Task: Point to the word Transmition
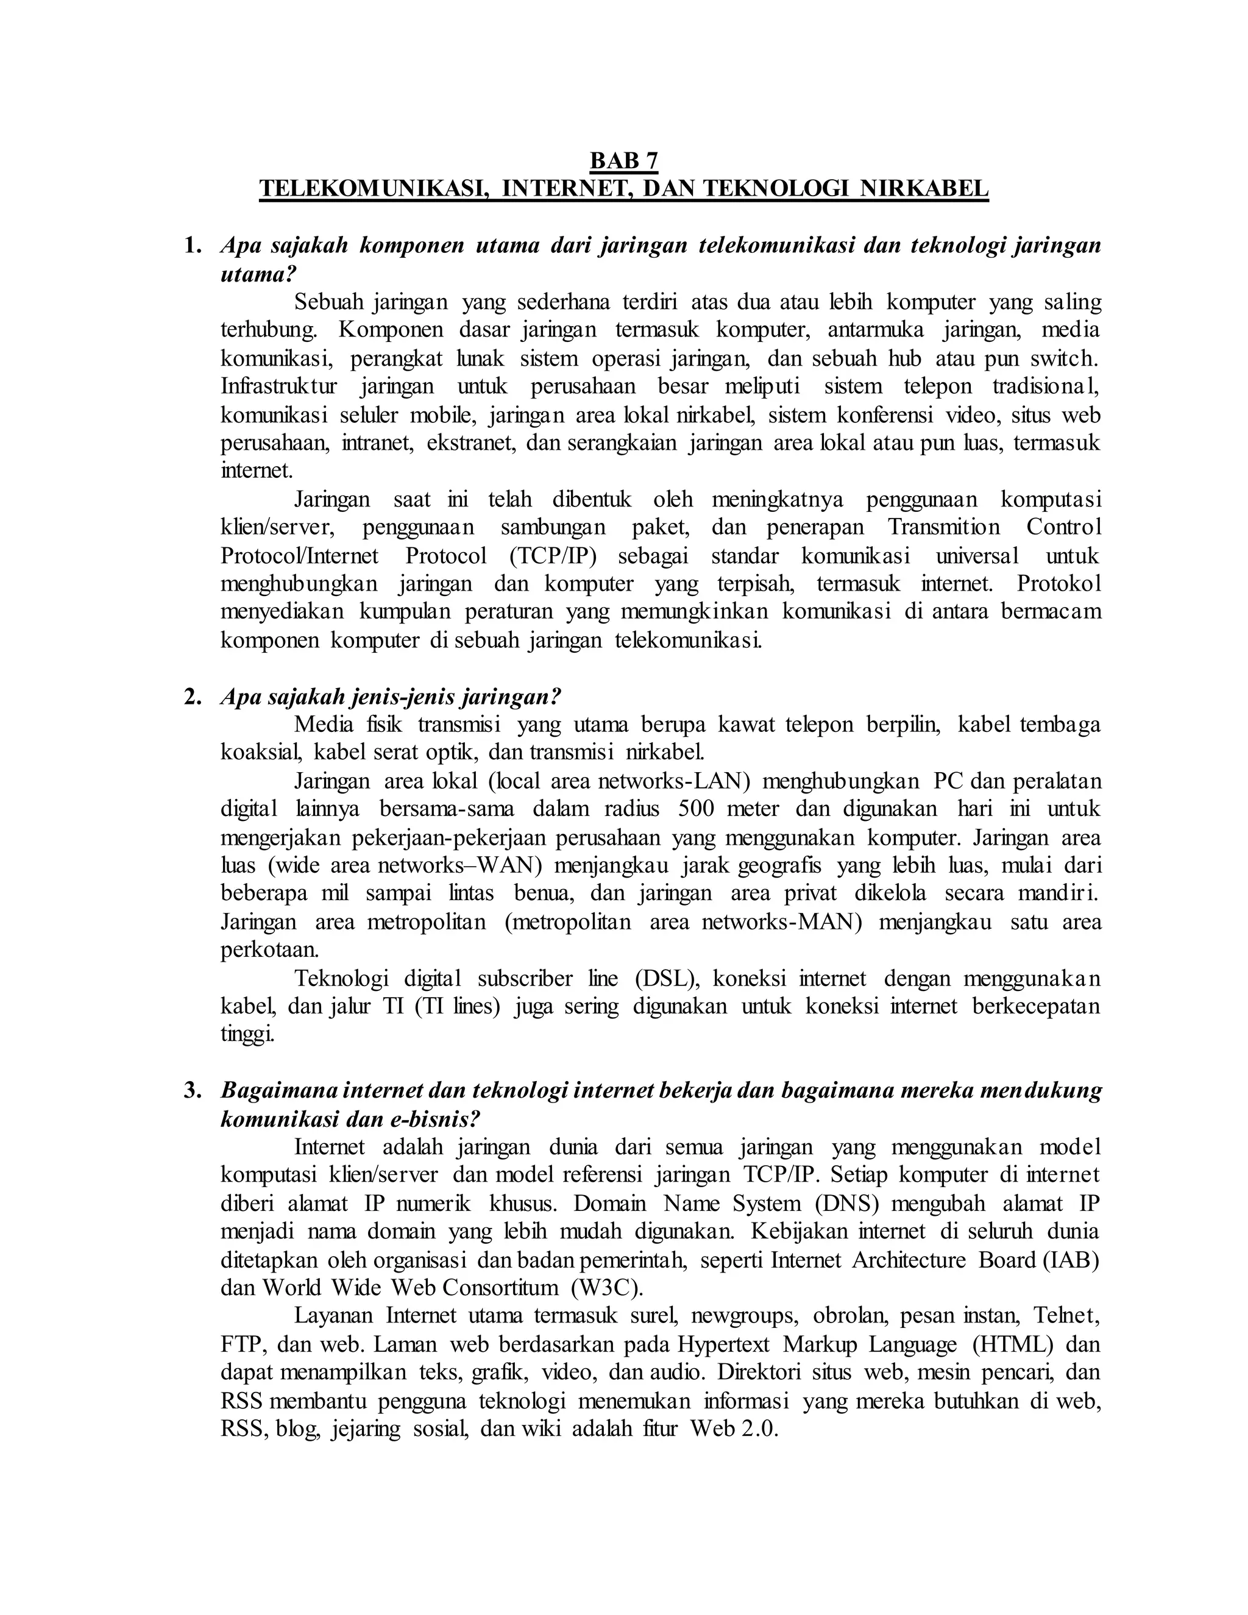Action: click(x=943, y=527)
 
